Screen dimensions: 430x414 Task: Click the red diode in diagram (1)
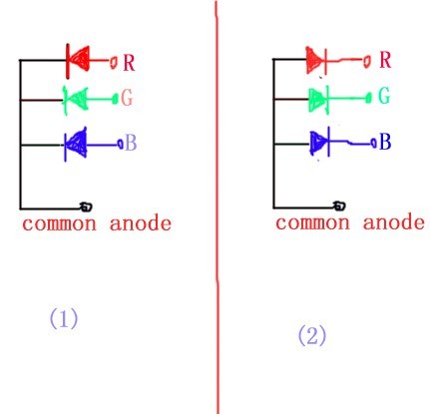coord(78,61)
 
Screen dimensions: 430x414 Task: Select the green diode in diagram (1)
coord(76,100)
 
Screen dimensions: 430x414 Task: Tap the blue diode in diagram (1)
coord(76,145)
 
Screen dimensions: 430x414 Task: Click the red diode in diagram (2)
coord(316,60)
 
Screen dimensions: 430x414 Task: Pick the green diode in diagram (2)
coord(318,99)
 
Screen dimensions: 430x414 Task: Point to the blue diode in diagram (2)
coord(320,143)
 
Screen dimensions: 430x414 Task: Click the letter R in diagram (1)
coord(129,62)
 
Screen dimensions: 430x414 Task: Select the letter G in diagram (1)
coord(127,98)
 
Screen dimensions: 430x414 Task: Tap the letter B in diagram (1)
coord(131,144)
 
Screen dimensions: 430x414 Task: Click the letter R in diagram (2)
coord(385,60)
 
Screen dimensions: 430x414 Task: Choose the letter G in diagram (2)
coord(384,96)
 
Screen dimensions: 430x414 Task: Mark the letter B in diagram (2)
coord(385,142)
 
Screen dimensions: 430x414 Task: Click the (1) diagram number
coord(64,318)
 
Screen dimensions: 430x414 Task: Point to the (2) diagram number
coord(312,335)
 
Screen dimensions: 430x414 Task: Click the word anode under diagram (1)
coord(141,223)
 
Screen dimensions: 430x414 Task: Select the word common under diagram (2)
coord(312,222)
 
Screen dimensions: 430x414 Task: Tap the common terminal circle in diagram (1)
coord(86,207)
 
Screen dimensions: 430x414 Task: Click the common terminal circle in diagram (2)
coord(339,206)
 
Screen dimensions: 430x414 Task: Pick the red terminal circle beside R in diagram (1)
coord(114,62)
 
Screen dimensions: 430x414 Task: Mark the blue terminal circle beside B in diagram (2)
coord(374,143)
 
